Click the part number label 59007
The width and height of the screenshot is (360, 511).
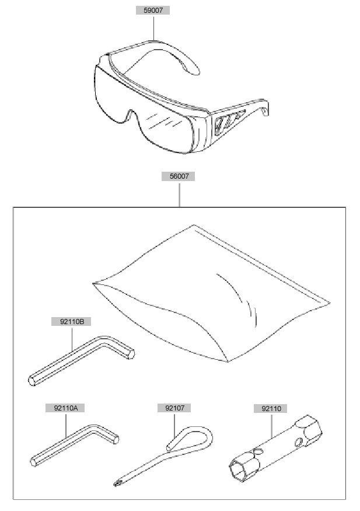tap(153, 10)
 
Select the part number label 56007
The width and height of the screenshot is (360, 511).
tap(179, 176)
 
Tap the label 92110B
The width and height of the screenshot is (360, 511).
tap(72, 322)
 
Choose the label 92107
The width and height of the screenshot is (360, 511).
tap(174, 408)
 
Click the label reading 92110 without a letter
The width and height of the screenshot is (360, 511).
tap(271, 408)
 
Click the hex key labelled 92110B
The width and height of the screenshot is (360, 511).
tap(81, 360)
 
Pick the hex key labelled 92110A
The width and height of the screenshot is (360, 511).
tap(75, 445)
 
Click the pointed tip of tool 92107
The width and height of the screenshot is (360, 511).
tap(115, 485)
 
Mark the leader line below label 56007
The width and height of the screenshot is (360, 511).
tap(179, 194)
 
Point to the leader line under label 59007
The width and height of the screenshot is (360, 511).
tap(153, 29)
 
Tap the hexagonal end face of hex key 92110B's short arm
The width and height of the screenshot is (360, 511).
tap(131, 354)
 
